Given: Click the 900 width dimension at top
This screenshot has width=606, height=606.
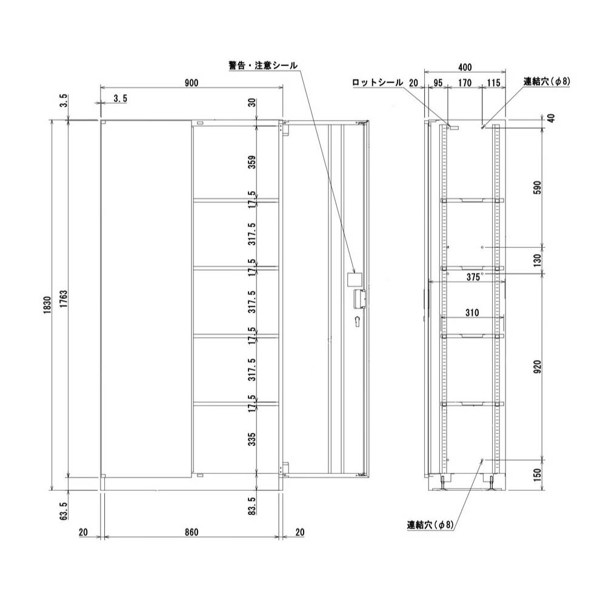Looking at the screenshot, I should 191,83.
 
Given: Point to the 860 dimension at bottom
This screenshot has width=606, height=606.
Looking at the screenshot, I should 191,532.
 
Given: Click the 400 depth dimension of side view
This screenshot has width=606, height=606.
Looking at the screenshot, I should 464,66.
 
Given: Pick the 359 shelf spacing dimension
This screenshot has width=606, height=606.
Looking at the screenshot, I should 253,163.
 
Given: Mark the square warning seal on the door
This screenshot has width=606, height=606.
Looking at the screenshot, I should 353,279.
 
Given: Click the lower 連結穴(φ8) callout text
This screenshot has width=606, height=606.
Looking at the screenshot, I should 430,524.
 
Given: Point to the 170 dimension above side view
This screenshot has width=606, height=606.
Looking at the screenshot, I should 464,83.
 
